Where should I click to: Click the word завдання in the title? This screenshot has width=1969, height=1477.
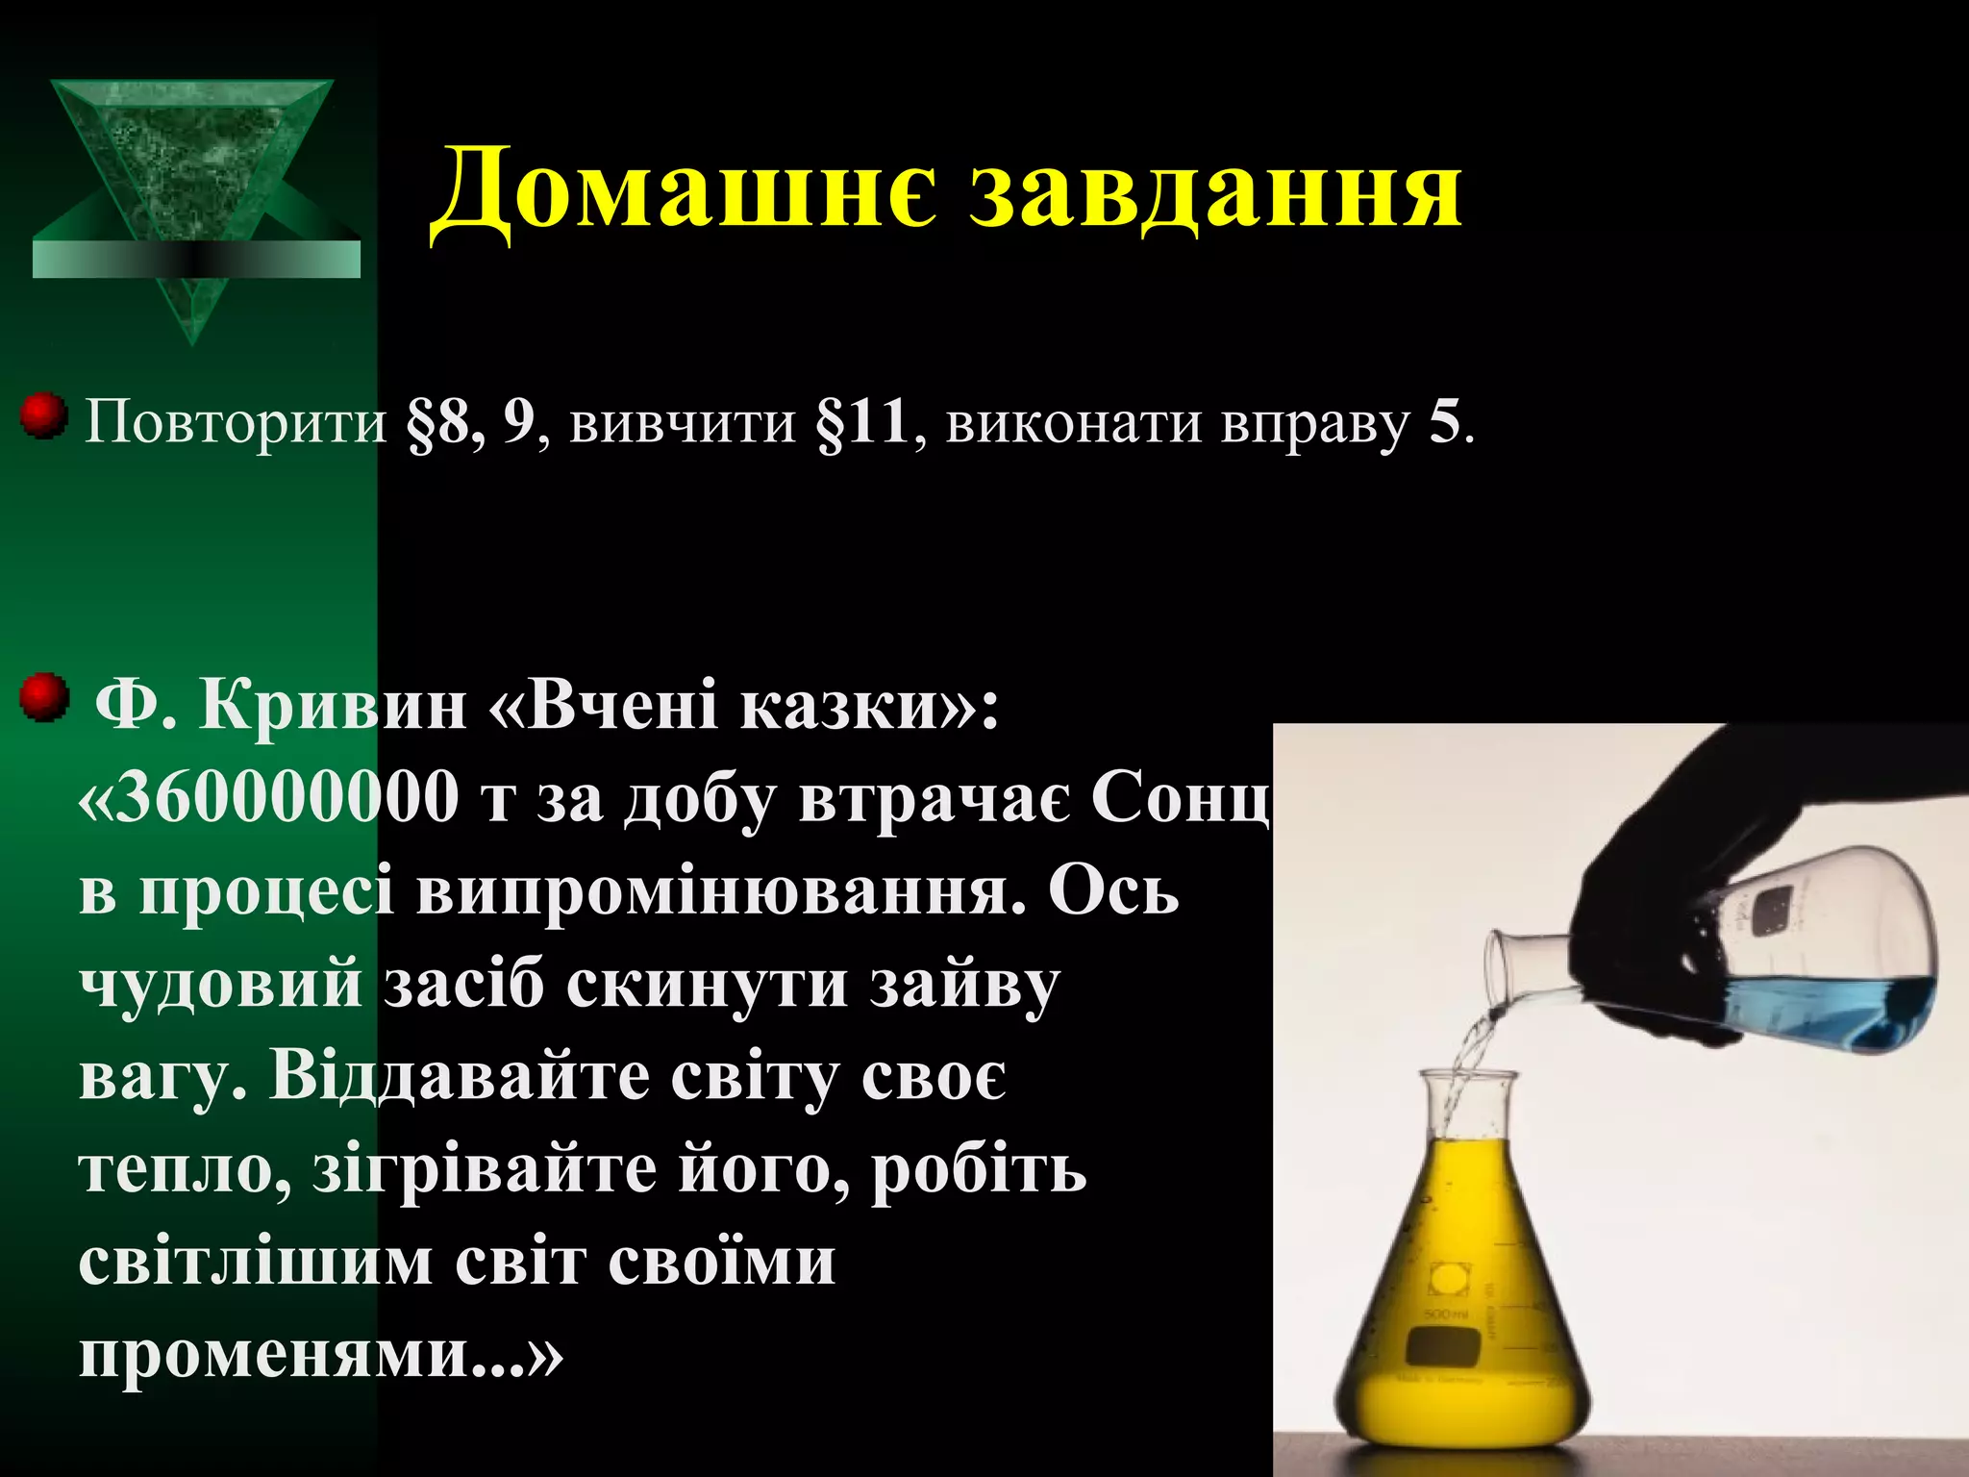[1215, 189]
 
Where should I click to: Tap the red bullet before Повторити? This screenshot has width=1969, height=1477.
[43, 415]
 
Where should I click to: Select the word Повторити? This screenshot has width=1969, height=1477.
[236, 423]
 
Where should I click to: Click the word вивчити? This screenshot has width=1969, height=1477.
[683, 423]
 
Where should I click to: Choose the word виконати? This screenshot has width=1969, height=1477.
[1073, 423]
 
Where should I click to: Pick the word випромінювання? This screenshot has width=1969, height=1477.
[721, 892]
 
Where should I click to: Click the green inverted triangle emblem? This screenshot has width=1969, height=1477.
[193, 173]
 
